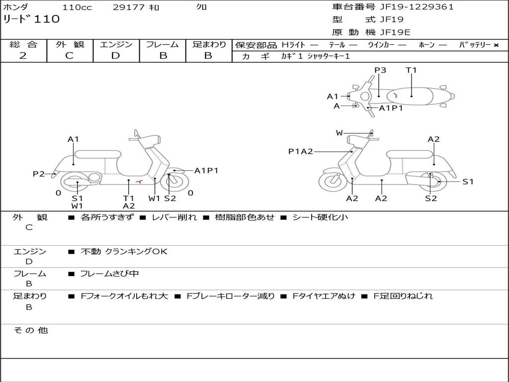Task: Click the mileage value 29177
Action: point(128,7)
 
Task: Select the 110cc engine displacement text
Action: point(77,7)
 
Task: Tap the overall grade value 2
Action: point(23,56)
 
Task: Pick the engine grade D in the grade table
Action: point(115,56)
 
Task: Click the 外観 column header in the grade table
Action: point(70,45)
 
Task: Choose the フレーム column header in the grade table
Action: point(163,45)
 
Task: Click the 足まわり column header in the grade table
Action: point(209,45)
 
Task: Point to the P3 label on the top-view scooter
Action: point(380,70)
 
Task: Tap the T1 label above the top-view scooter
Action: point(411,70)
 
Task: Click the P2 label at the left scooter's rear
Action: point(39,174)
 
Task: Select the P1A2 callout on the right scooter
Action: point(301,151)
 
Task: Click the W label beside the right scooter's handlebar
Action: point(339,133)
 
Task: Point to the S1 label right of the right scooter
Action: point(468,182)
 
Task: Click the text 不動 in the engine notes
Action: point(90,252)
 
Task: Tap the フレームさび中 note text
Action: point(109,274)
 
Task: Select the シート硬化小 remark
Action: point(320,217)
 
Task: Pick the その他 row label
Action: point(30,330)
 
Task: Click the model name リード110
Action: point(31,19)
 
